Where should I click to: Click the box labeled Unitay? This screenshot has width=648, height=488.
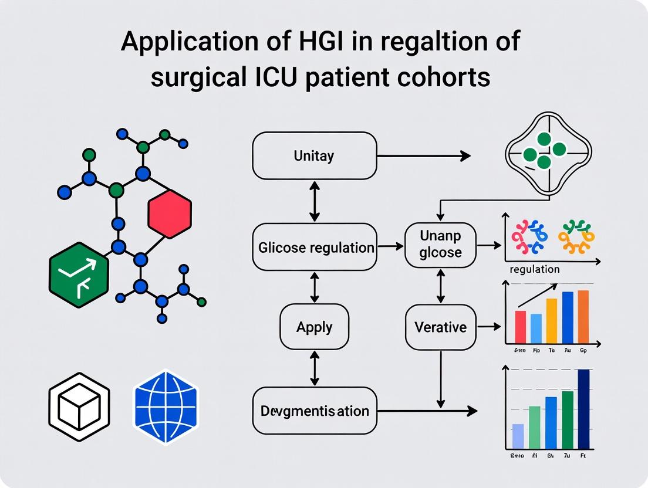314,155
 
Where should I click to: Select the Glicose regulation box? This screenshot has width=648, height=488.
316,247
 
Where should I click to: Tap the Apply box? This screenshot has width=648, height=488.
314,327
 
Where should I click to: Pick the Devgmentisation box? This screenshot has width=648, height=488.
314,411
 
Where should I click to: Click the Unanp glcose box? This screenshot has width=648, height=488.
440,245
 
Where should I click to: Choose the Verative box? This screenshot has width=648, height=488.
440,327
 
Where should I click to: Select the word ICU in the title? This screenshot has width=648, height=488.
275,76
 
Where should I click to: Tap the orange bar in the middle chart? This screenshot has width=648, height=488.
583,317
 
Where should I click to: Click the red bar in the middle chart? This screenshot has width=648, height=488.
520,327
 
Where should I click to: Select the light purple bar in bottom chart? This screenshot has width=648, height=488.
518,436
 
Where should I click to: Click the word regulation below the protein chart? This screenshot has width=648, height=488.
534,269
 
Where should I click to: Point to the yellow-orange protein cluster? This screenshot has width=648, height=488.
576,236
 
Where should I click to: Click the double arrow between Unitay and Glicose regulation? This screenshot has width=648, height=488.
315,201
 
